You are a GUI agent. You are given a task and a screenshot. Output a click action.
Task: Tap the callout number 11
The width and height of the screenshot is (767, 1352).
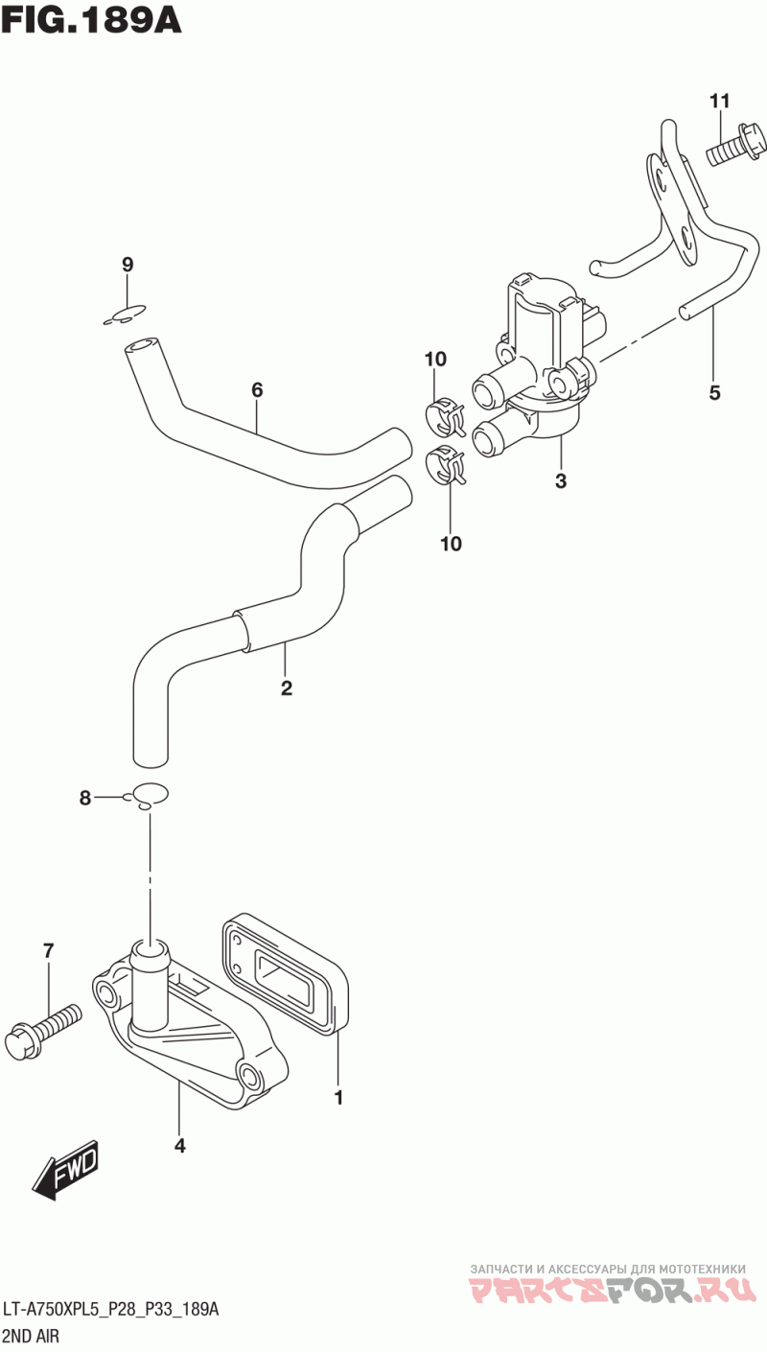point(719,101)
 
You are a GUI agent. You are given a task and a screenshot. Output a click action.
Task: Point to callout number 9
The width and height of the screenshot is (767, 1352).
point(128,264)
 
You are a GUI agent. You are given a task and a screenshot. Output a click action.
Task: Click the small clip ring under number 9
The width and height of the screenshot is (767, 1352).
point(125,315)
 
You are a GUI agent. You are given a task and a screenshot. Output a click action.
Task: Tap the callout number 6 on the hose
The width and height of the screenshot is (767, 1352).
point(257,390)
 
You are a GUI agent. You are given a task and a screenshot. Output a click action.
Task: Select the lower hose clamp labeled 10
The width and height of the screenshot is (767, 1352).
point(446,464)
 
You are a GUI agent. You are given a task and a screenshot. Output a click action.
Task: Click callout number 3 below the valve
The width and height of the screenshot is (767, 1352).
point(561,481)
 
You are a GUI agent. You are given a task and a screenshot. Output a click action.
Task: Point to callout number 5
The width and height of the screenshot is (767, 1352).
point(714,393)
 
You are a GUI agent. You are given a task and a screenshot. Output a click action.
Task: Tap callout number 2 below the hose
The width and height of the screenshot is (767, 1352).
point(287,688)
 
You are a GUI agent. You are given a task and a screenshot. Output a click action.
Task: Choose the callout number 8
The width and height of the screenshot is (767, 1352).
point(85,798)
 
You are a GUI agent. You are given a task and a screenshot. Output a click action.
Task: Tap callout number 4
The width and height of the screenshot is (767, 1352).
point(180,1145)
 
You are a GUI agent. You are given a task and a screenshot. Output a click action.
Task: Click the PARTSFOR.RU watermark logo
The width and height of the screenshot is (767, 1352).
point(612,1288)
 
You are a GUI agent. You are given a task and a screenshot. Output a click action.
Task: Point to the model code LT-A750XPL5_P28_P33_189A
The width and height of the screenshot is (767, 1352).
point(111,1309)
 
